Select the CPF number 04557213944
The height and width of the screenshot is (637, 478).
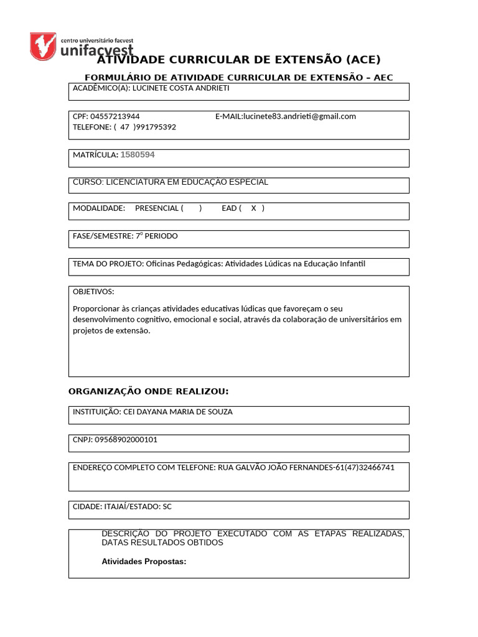pos(115,116)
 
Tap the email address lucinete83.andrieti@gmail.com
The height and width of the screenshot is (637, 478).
pos(299,116)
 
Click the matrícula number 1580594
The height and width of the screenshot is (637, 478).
pos(138,155)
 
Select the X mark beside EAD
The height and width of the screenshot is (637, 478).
pos(253,208)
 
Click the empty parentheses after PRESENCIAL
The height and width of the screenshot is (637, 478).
pos(191,208)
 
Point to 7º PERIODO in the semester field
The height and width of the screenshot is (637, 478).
pos(156,236)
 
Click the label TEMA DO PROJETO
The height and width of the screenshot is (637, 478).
pos(108,264)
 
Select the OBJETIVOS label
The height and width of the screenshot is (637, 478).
pos(93,292)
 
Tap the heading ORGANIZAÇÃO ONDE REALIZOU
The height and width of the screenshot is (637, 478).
pos(148,391)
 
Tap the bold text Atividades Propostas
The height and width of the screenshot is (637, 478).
pos(144,562)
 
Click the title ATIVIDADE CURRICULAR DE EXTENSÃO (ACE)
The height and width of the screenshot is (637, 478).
pos(239,60)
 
